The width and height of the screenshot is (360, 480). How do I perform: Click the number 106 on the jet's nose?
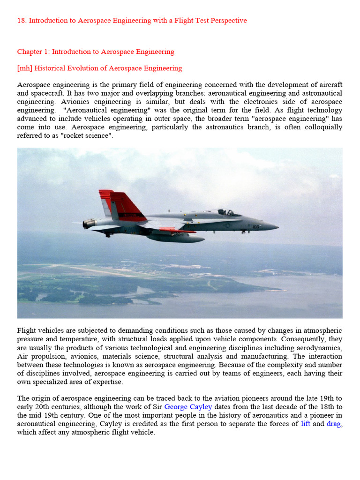click(x=256, y=227)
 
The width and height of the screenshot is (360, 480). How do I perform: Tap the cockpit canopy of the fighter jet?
click(x=224, y=212)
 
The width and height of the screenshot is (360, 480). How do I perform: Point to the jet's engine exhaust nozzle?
click(x=89, y=224)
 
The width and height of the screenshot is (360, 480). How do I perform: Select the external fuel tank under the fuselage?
click(x=176, y=238)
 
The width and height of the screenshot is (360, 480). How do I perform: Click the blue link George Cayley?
click(x=188, y=407)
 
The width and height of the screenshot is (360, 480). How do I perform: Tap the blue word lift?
click(x=306, y=424)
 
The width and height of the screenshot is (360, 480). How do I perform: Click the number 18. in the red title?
click(x=22, y=21)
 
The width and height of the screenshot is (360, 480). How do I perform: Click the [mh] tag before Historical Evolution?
click(x=24, y=68)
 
